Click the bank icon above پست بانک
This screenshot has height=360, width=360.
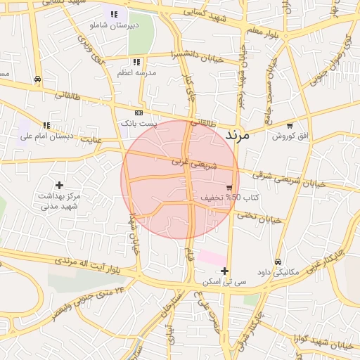point(139,112)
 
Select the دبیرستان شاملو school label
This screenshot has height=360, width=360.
point(112,25)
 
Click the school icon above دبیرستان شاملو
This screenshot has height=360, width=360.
point(114,14)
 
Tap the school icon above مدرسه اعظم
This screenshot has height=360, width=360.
point(136,62)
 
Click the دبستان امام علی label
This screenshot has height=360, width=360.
point(47,136)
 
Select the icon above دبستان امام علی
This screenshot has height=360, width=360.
point(47,126)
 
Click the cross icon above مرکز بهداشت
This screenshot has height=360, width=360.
point(60,185)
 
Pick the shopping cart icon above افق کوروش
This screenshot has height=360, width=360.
point(289,125)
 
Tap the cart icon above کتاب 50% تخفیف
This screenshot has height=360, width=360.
point(230,187)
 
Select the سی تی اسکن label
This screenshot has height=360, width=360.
point(224,281)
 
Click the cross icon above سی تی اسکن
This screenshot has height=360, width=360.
point(224,271)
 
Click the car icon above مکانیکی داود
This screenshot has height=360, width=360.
point(278,262)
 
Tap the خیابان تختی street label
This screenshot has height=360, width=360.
point(259,217)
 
